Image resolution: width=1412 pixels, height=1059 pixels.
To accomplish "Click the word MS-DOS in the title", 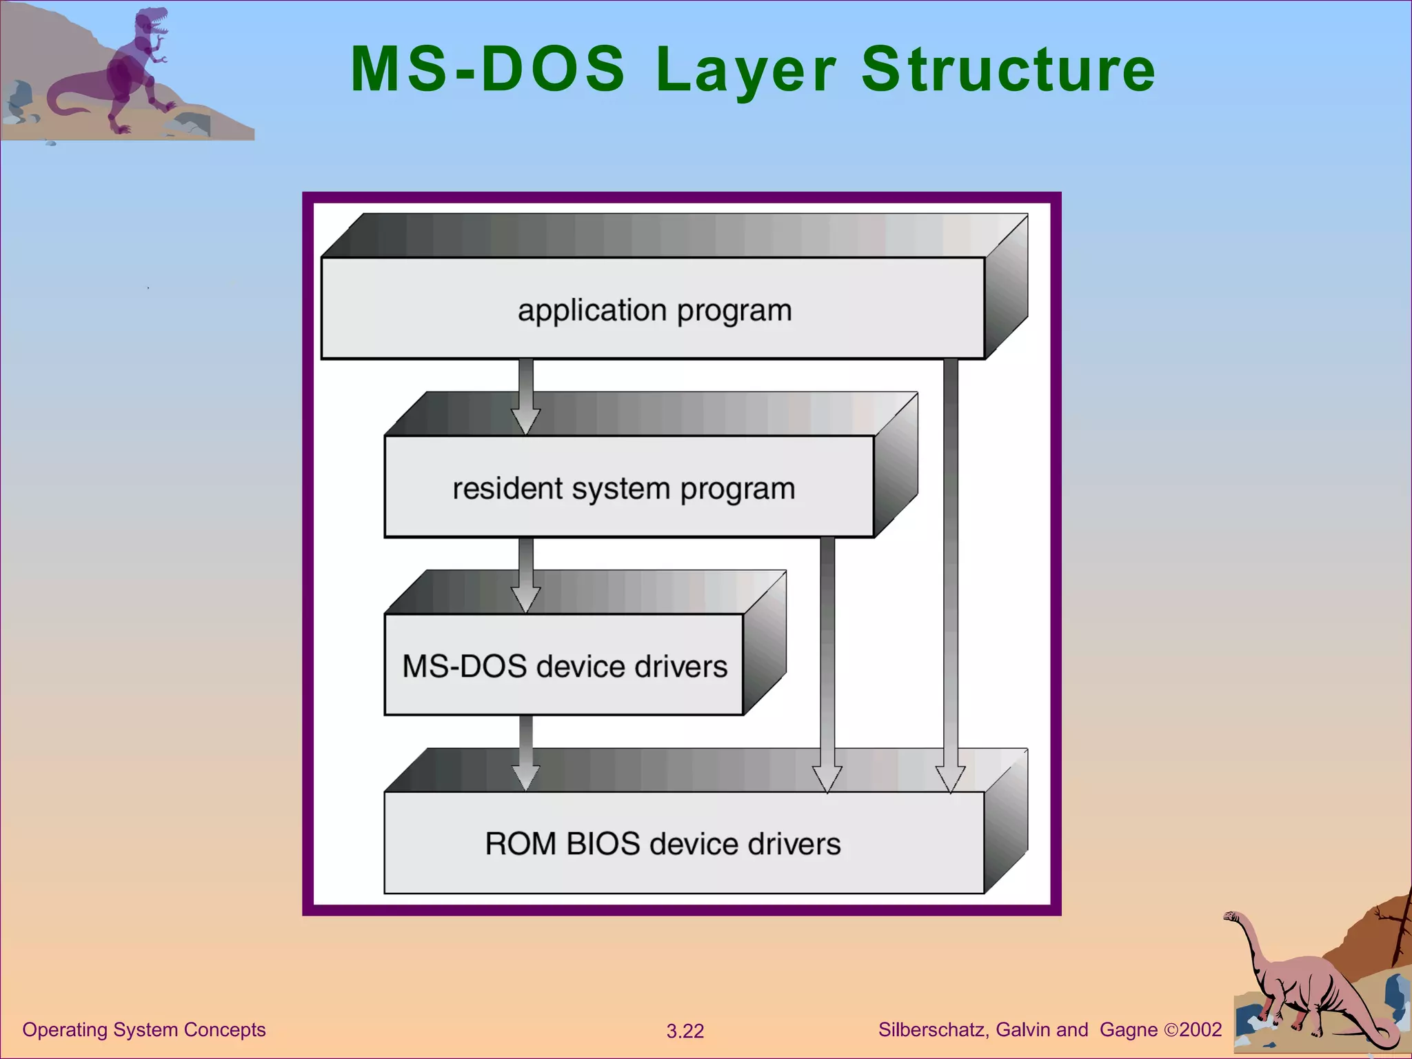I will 487,69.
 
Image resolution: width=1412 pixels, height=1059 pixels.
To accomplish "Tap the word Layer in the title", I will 746,70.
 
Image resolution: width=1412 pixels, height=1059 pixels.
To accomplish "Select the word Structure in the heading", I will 1008,69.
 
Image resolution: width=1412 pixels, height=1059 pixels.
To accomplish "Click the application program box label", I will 654,310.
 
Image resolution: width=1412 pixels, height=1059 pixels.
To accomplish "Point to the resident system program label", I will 623,488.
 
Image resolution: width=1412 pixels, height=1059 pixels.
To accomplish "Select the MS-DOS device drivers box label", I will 564,666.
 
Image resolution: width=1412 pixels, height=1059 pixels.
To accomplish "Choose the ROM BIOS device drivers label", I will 662,844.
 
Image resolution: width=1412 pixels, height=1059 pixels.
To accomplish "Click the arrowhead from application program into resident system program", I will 525,420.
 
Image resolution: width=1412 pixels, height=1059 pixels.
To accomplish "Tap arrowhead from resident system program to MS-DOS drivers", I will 525,598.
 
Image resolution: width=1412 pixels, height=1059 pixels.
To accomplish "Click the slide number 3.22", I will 685,1031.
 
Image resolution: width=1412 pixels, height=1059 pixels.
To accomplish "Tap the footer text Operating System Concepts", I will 143,1029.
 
